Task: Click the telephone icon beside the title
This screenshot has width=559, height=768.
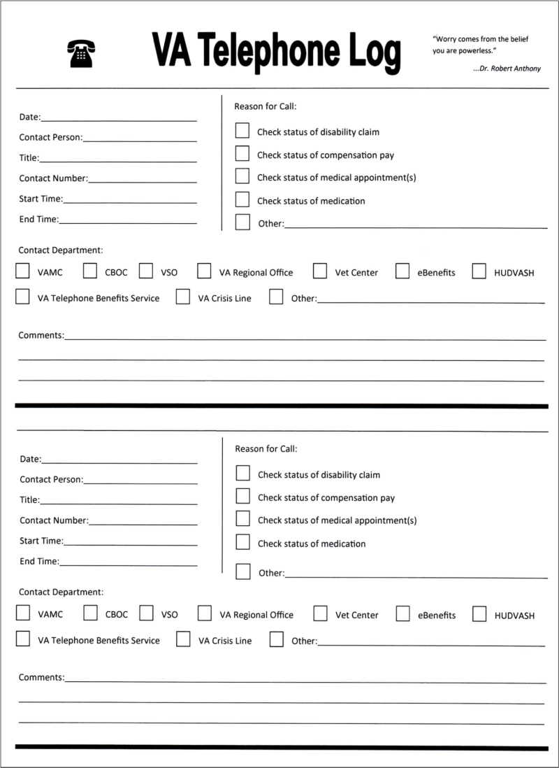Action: point(81,53)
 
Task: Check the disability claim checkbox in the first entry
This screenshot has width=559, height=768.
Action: point(242,131)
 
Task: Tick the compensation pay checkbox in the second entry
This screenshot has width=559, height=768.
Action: point(243,497)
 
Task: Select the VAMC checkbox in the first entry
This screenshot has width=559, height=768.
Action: point(22,271)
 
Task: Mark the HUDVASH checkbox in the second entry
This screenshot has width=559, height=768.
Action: point(479,614)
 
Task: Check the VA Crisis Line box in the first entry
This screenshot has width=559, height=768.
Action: point(183,297)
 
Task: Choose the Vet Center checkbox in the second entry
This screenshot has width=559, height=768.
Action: point(321,614)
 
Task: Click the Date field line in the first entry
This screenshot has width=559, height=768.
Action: point(119,118)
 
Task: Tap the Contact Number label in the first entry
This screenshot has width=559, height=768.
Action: point(53,178)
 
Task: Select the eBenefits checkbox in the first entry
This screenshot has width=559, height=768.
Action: point(402,271)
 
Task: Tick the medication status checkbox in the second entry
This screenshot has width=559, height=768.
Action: point(243,542)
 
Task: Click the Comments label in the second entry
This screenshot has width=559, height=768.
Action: point(41,677)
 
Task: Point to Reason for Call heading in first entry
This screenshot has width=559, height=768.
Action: point(266,106)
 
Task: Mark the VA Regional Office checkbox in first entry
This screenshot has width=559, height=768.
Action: point(205,271)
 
